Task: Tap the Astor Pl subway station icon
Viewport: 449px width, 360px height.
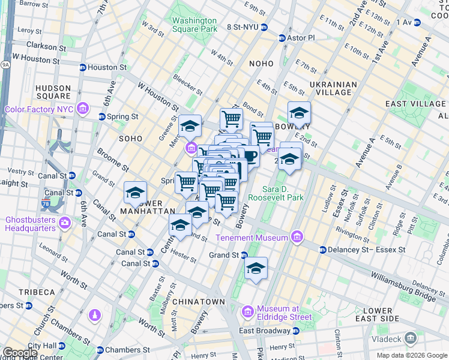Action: (282, 38)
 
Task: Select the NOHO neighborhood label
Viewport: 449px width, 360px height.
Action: (259, 64)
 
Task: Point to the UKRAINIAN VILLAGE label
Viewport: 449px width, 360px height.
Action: (334, 88)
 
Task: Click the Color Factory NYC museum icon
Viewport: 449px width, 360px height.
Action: (83, 109)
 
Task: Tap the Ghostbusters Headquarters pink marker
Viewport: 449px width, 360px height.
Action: (65, 223)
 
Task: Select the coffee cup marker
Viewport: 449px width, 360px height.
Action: (249, 157)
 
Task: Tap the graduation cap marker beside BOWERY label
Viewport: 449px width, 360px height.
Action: (298, 112)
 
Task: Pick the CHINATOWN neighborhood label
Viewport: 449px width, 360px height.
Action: (198, 302)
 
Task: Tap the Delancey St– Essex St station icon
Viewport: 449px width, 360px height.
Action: (323, 250)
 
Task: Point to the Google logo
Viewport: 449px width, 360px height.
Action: (20, 352)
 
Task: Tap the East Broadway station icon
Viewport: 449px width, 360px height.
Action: (295, 331)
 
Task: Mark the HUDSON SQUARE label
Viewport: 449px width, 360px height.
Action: (53, 92)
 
